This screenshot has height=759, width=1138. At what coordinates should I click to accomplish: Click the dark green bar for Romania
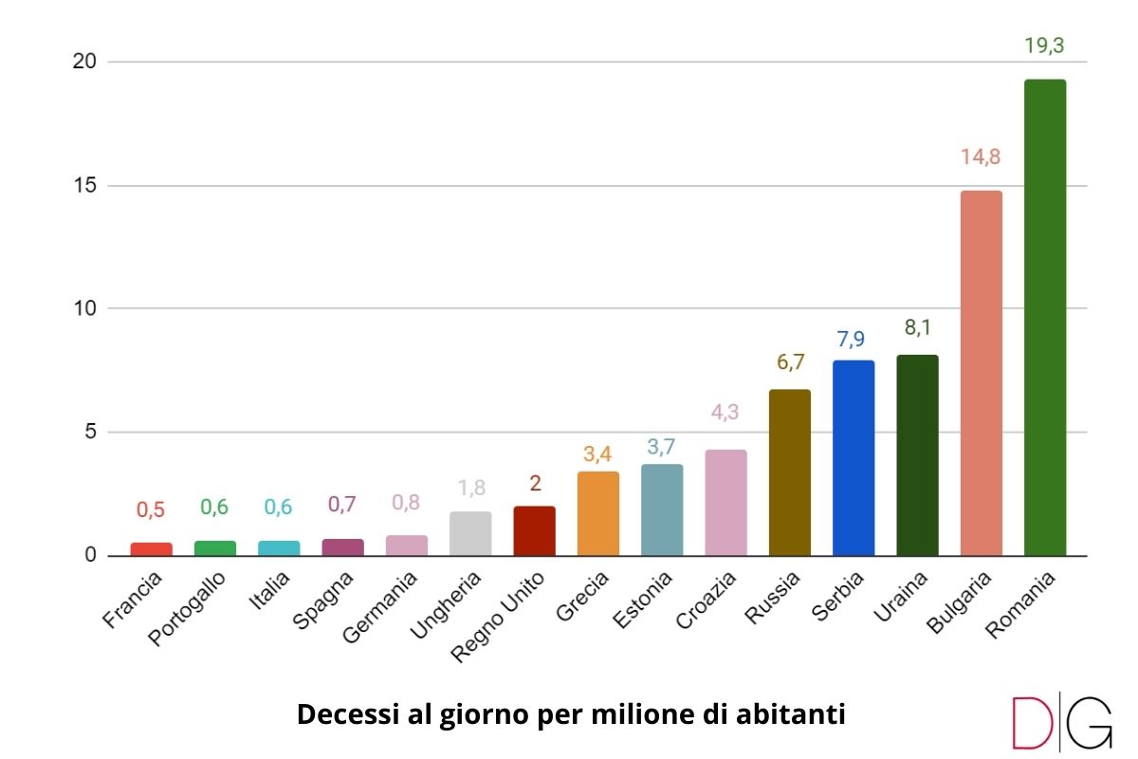[x=1044, y=318]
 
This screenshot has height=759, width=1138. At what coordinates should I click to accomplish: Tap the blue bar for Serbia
[x=853, y=458]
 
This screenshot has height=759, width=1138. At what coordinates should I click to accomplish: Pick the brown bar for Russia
[x=789, y=472]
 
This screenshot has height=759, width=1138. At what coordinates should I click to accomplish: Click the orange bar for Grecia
[x=597, y=513]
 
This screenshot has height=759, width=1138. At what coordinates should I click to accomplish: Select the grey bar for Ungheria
[x=470, y=533]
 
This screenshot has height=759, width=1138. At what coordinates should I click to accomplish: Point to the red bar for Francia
[x=151, y=548]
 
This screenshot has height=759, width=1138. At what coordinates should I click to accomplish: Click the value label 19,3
[x=1044, y=46]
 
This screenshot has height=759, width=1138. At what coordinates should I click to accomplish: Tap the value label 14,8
[x=981, y=157]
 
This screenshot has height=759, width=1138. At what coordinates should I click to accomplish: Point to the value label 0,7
[x=342, y=505]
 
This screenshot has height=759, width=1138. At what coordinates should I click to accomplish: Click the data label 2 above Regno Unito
[x=534, y=484]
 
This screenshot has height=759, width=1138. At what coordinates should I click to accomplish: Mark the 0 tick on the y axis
[x=90, y=555]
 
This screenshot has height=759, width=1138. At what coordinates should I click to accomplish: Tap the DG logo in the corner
[x=1061, y=723]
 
